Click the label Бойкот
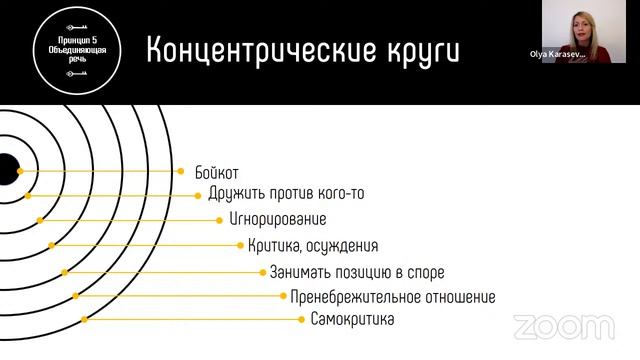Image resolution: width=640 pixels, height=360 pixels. pos(217,172)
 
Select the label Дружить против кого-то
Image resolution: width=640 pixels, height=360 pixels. pos(286,194)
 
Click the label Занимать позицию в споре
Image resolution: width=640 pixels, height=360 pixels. pos(357,272)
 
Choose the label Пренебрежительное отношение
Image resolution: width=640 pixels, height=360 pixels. pos(393,297)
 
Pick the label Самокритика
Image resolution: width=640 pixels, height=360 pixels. pos(352,320)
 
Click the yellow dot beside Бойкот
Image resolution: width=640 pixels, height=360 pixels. pos(181,172)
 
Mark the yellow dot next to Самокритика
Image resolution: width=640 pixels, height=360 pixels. pos(300,320)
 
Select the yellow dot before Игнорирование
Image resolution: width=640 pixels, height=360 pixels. pos(219,219)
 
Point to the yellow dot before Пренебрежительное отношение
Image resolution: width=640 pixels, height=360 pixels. pos(284,296)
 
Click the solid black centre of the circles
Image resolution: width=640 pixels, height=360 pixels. pos(5,171)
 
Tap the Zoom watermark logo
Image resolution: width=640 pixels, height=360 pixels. pos(563,325)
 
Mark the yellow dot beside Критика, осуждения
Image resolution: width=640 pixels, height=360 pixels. pos(240,245)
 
